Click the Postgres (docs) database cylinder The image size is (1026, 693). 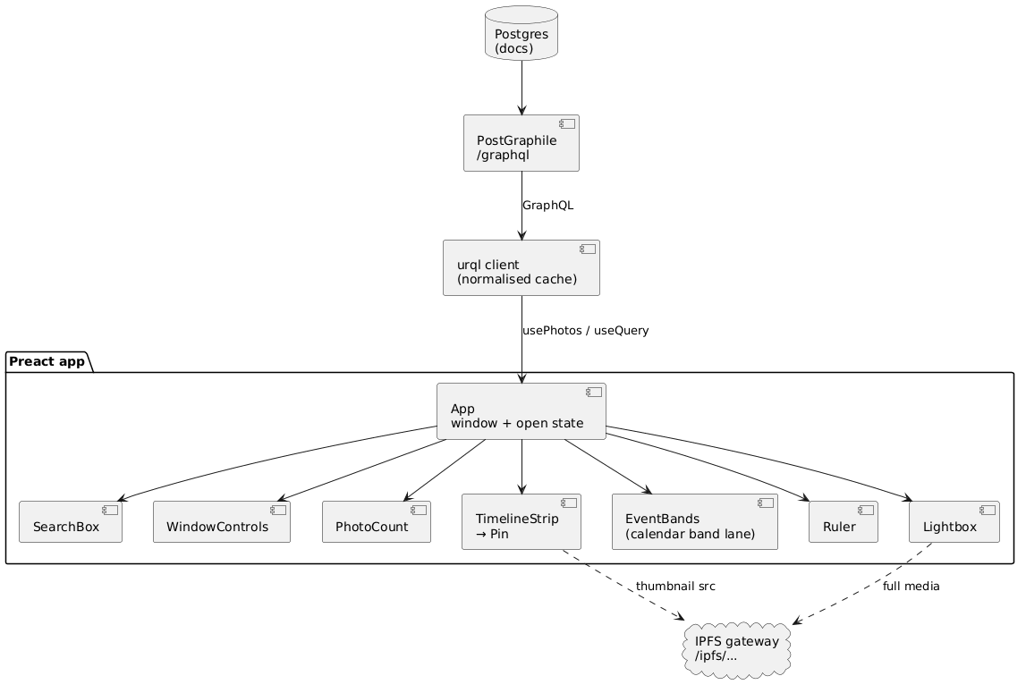coord(521,33)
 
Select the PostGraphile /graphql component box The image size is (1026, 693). coord(521,143)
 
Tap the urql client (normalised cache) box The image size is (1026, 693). coord(521,268)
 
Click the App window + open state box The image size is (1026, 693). coord(521,411)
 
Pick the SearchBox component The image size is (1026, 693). coord(71,522)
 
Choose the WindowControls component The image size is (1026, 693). coord(222,522)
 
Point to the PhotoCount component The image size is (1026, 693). coord(377,522)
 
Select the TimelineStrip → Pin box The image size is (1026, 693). coord(521,522)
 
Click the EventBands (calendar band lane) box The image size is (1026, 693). coord(695,522)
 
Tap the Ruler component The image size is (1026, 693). coord(844,522)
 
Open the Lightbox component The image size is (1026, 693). coord(954,522)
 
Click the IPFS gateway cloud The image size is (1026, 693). coord(737,649)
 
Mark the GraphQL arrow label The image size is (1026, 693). coord(547,206)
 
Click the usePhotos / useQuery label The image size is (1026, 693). coord(586,331)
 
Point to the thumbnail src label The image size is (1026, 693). coord(675,587)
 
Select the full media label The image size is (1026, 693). coord(911,587)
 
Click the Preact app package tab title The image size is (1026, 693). coord(47,361)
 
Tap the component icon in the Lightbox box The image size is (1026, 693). coord(988,510)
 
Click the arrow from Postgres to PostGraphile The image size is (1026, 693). coord(521,88)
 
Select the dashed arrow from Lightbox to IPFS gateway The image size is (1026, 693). coord(862,583)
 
